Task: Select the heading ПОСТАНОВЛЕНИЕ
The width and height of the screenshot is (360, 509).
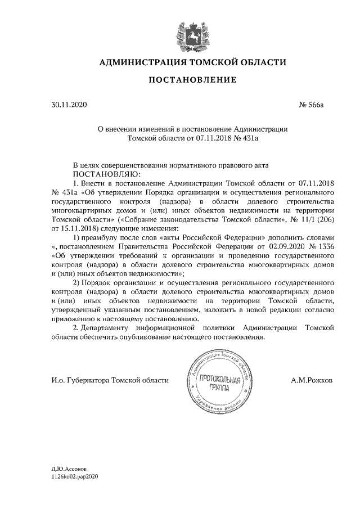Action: (x=192, y=81)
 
